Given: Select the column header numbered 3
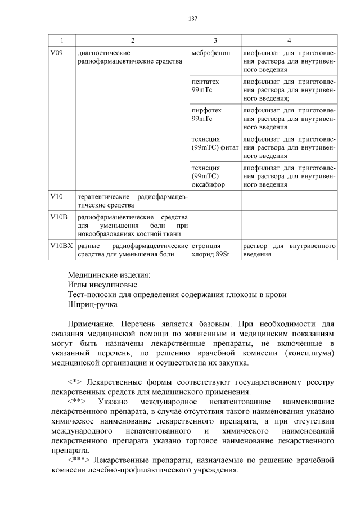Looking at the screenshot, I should coord(215,40).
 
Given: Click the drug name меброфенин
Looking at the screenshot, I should coord(209,53).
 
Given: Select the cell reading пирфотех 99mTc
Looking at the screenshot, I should coord(204,115).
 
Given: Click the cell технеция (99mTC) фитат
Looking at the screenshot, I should coord(215,143).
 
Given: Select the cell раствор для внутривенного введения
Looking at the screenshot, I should coord(289,250).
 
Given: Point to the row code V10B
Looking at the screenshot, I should coord(58,217).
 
